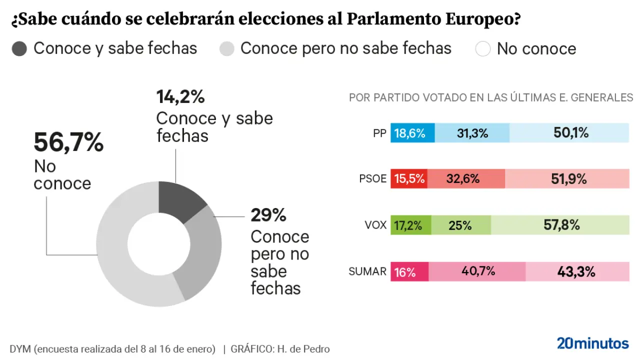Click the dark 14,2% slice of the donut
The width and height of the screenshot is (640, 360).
coord(179,202)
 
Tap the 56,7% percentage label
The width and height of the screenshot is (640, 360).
coord(68,142)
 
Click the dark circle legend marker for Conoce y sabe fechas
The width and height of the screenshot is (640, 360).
coord(19,49)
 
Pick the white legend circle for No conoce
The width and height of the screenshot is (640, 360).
coord(482,49)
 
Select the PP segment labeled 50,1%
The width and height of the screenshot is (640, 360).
coord(569,133)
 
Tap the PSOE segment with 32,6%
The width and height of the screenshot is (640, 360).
coord(465,179)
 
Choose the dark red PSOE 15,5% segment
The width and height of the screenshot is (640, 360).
coord(408,179)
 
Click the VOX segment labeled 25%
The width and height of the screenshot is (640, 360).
coord(460,225)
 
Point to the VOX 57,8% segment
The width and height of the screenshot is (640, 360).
coord(560,225)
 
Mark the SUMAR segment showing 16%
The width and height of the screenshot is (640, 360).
coord(409,271)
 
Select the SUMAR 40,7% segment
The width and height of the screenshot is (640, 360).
coord(477,271)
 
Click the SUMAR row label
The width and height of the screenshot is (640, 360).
coord(367,272)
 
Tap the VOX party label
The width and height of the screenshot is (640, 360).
coord(375,225)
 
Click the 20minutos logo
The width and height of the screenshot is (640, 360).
coord(592,343)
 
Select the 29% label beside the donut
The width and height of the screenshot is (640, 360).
coord(268,215)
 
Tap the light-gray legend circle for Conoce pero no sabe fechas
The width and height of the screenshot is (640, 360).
coord(227,49)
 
